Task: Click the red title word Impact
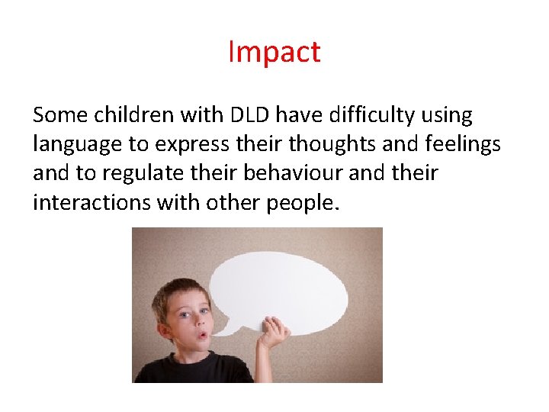point(274,52)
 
